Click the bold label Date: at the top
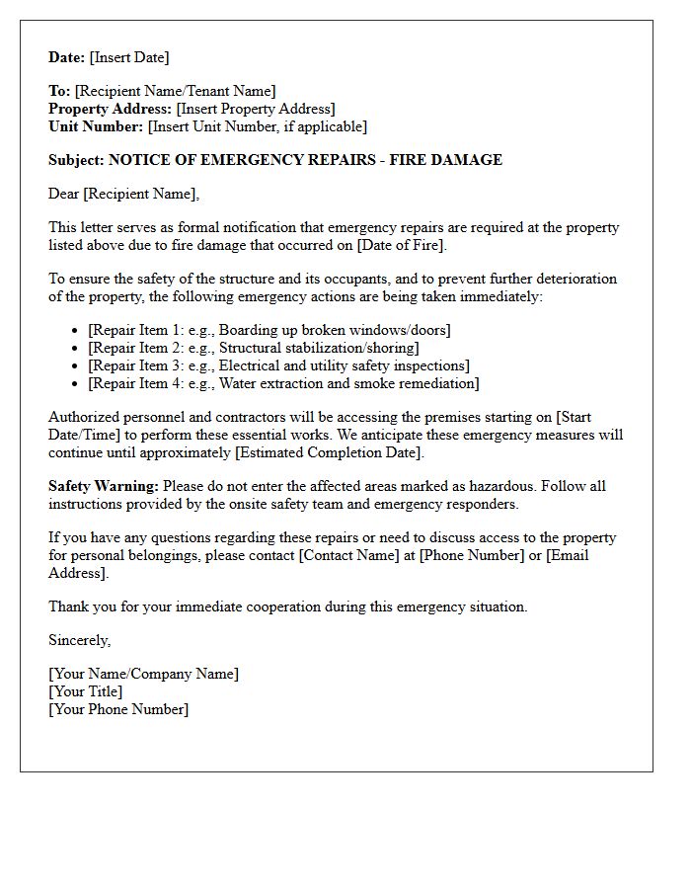pos(67,57)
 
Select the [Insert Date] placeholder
pos(129,57)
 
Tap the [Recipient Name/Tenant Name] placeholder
pos(176,91)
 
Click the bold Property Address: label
pos(111,109)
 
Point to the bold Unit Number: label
pos(96,126)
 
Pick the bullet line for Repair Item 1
pos(269,330)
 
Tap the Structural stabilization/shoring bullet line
pos(253,348)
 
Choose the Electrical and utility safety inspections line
pos(278,365)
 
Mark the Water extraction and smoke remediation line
pos(283,383)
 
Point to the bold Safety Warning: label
pos(104,486)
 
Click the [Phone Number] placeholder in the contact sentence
pos(472,555)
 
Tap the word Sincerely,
pos(80,640)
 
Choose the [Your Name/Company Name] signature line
pos(143,674)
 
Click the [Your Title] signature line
pos(85,691)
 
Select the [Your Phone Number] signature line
pos(117,709)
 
